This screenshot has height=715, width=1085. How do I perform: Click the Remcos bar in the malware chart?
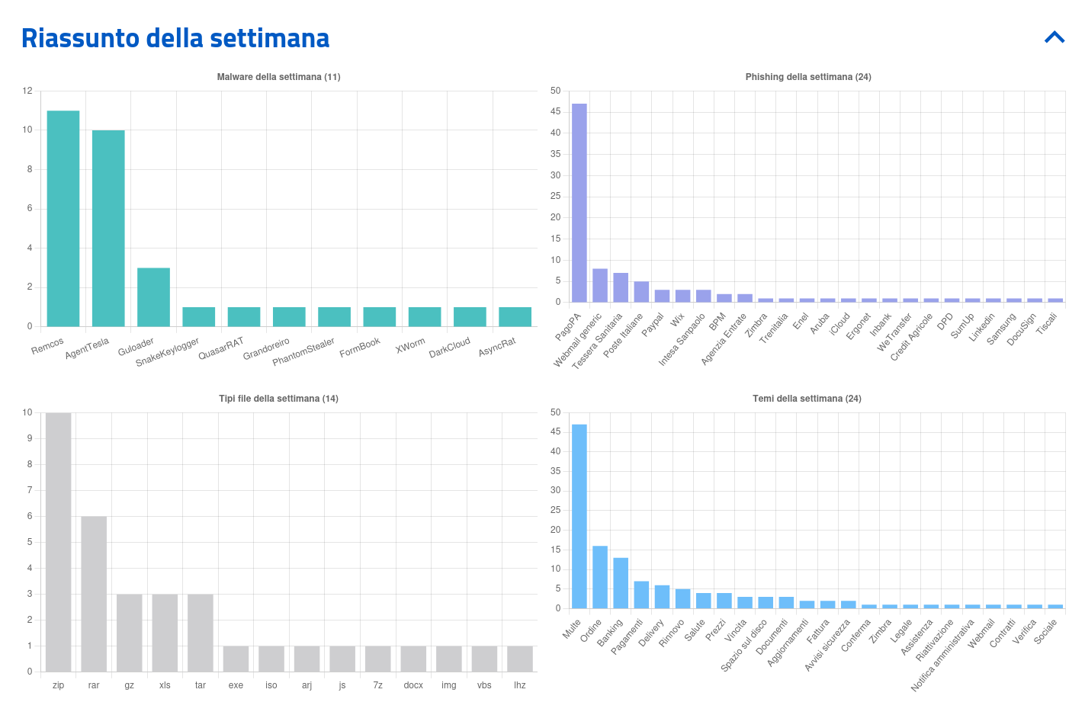click(x=63, y=219)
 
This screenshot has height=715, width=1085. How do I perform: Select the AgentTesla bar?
click(x=108, y=229)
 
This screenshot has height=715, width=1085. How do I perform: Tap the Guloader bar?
click(x=153, y=297)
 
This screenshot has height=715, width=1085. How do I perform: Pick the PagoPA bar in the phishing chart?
click(x=579, y=203)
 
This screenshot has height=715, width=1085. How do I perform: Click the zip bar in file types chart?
click(x=58, y=542)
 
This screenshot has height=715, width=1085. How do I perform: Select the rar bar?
click(x=94, y=594)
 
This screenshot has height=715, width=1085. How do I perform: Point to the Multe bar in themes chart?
click(x=579, y=516)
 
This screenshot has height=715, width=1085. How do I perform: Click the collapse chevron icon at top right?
click(x=1055, y=37)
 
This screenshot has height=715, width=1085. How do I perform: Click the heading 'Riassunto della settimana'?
click(x=175, y=38)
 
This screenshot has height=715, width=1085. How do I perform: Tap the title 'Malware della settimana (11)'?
click(x=278, y=77)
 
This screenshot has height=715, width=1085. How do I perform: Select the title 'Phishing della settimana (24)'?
click(x=808, y=77)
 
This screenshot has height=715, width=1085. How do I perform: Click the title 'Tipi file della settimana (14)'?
click(x=278, y=399)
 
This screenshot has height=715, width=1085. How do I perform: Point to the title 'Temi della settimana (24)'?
click(x=807, y=399)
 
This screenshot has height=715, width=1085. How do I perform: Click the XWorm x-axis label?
click(x=411, y=345)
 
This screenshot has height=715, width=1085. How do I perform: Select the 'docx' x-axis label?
click(x=413, y=685)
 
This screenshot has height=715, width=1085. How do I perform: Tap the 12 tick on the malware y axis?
click(x=27, y=91)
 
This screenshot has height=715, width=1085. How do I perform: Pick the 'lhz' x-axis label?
click(x=520, y=685)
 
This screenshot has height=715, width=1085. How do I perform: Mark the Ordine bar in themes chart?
click(x=600, y=577)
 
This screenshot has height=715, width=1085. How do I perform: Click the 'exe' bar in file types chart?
click(x=236, y=659)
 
